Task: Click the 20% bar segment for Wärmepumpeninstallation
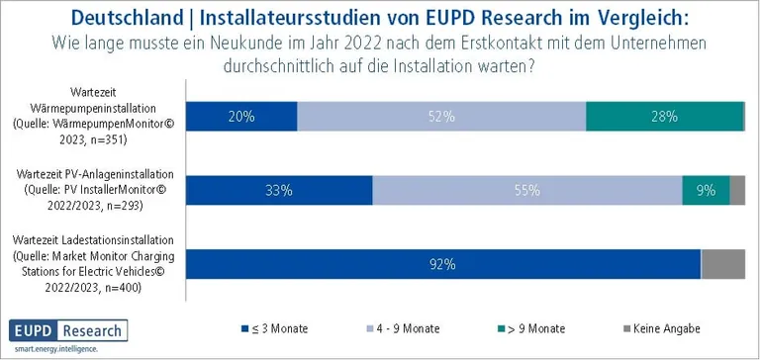tap(241, 116)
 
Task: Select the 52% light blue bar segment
tap(441, 116)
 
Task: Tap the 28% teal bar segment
tap(664, 116)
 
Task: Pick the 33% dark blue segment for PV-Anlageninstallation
tap(279, 191)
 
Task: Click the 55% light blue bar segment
tap(527, 191)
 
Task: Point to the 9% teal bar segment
tap(706, 191)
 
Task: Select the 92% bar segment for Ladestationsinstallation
tap(443, 264)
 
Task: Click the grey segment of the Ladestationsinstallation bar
tap(722, 264)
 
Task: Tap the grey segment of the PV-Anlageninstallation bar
tap(737, 191)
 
